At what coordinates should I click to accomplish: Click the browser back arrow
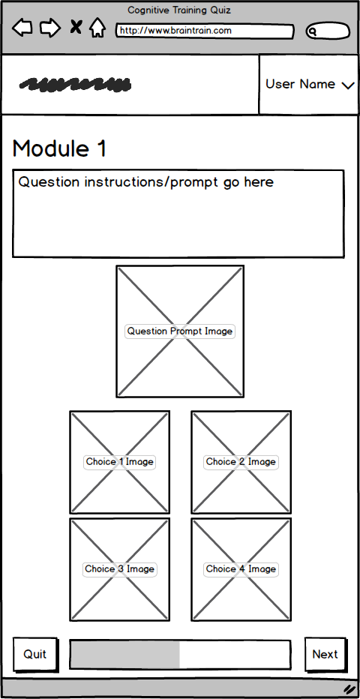pyautogui.click(x=22, y=28)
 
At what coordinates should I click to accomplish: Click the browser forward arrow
pyautogui.click(x=50, y=28)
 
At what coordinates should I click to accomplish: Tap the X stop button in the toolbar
pyautogui.click(x=76, y=27)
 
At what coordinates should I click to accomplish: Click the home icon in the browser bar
pyautogui.click(x=97, y=28)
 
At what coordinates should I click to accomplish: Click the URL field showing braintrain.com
pyautogui.click(x=205, y=31)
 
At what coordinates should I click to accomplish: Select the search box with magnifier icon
pyautogui.click(x=328, y=31)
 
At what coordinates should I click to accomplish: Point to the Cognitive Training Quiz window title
pyautogui.click(x=179, y=10)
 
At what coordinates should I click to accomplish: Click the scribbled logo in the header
pyautogui.click(x=75, y=85)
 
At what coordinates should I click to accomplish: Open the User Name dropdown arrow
pyautogui.click(x=348, y=85)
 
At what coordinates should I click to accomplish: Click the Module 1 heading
pyautogui.click(x=60, y=148)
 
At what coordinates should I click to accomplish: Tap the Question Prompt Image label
pyautogui.click(x=180, y=331)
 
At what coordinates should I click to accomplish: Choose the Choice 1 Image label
pyautogui.click(x=119, y=462)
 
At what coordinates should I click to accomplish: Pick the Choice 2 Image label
pyautogui.click(x=241, y=462)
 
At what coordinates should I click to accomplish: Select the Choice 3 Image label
pyautogui.click(x=119, y=568)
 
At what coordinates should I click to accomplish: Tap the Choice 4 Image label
pyautogui.click(x=241, y=568)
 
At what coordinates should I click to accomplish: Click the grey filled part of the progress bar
pyautogui.click(x=125, y=655)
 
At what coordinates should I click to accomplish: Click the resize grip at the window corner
pyautogui.click(x=349, y=688)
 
